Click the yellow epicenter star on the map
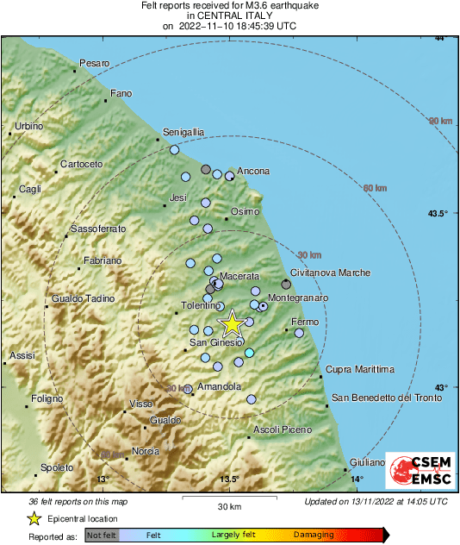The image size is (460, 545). (x=232, y=323)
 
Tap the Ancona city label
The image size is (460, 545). (x=253, y=171)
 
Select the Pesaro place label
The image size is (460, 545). (x=95, y=63)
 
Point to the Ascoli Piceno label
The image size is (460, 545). (x=282, y=429)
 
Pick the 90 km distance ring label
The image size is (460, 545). (x=441, y=121)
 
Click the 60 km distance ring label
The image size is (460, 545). (x=376, y=188)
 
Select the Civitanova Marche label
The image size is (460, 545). (x=331, y=272)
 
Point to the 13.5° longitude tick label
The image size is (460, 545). (x=229, y=479)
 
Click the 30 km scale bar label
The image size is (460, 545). (x=228, y=506)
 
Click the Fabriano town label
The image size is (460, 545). (x=103, y=260)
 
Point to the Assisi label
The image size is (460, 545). (x=22, y=355)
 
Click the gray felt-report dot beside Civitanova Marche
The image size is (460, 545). (x=287, y=284)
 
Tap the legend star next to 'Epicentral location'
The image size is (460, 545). (x=34, y=518)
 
